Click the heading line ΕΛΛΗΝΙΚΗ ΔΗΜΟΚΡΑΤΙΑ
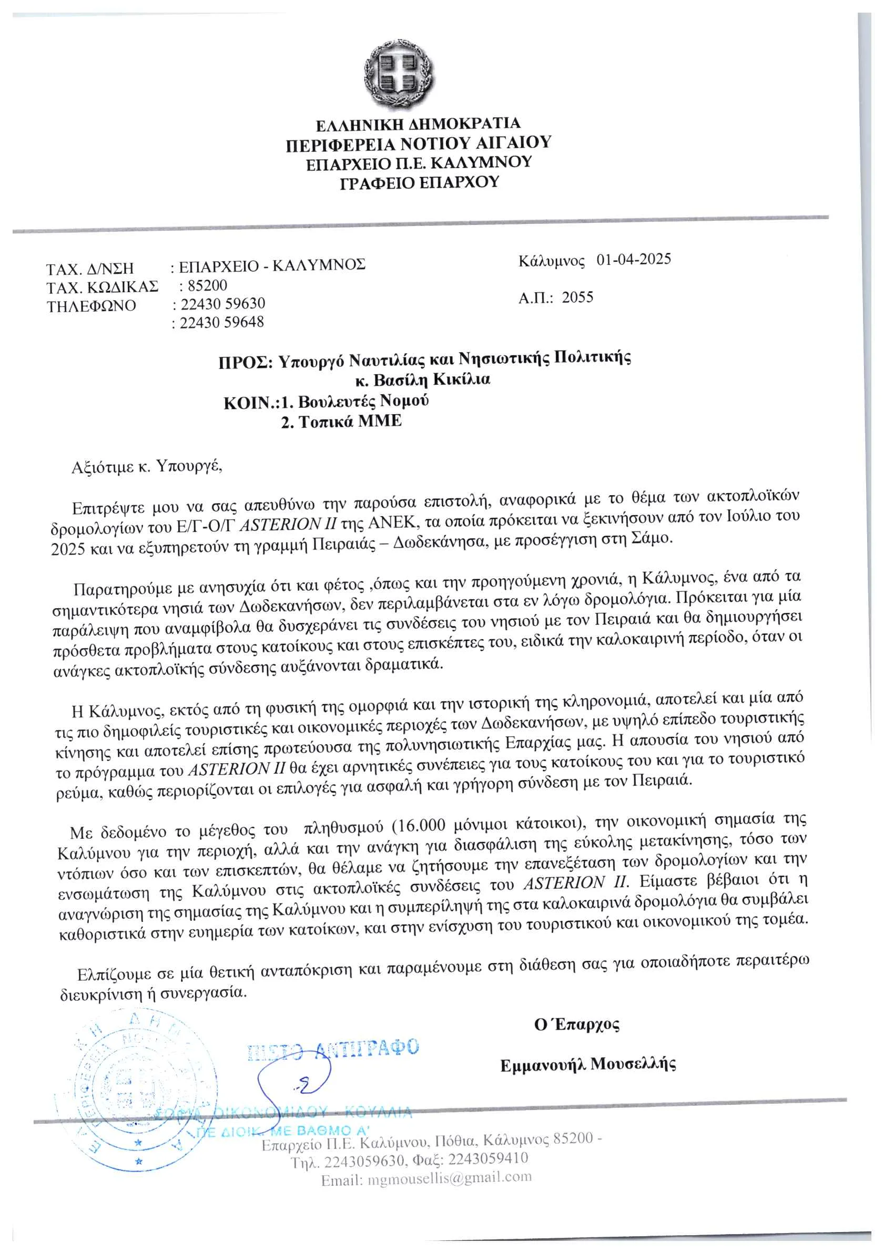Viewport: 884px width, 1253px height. [x=418, y=125]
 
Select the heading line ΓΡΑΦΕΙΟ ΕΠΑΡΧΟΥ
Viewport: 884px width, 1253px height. [x=419, y=182]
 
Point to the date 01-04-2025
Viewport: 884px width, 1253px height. [x=633, y=259]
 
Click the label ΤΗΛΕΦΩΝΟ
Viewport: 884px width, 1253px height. [x=91, y=306]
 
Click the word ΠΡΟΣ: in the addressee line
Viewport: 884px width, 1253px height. [x=245, y=362]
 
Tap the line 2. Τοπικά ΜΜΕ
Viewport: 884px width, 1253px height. [x=341, y=422]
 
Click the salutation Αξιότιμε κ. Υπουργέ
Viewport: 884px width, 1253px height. [x=147, y=467]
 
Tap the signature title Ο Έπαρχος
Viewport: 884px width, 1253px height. [x=576, y=1024]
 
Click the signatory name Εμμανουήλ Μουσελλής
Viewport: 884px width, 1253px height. [x=588, y=1064]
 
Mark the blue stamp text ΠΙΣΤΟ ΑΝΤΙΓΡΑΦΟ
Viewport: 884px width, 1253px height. [x=333, y=1049]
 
